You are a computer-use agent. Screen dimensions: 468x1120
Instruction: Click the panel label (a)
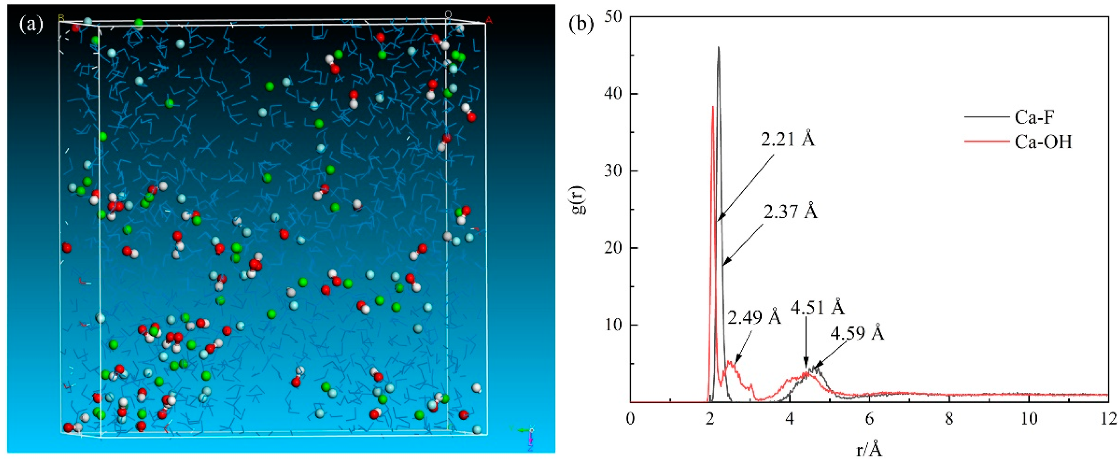(31, 25)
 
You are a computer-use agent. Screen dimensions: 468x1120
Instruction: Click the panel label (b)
(581, 25)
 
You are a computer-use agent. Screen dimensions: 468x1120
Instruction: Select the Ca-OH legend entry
(1043, 142)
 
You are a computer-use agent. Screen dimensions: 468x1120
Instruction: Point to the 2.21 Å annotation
(788, 139)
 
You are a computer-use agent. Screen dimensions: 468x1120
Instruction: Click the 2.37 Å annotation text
(790, 212)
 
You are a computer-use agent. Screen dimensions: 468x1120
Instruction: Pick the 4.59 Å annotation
(858, 334)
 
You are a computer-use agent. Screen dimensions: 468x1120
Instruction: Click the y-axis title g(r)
(580, 200)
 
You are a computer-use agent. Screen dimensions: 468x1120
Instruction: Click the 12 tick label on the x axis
(1109, 419)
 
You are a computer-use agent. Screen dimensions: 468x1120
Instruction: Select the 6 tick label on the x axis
(869, 419)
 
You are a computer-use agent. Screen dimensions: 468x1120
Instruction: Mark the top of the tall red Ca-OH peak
(713, 107)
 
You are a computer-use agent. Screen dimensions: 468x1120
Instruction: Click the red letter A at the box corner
(489, 20)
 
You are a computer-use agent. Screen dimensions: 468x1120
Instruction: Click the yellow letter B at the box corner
(61, 18)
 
